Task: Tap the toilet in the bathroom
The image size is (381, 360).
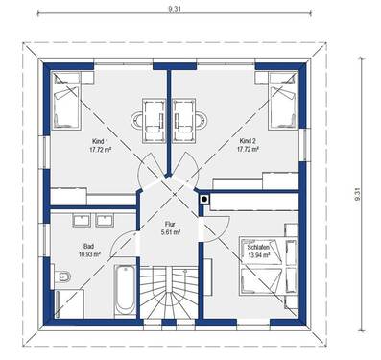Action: point(61,279)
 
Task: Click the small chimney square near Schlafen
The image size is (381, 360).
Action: point(203,201)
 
